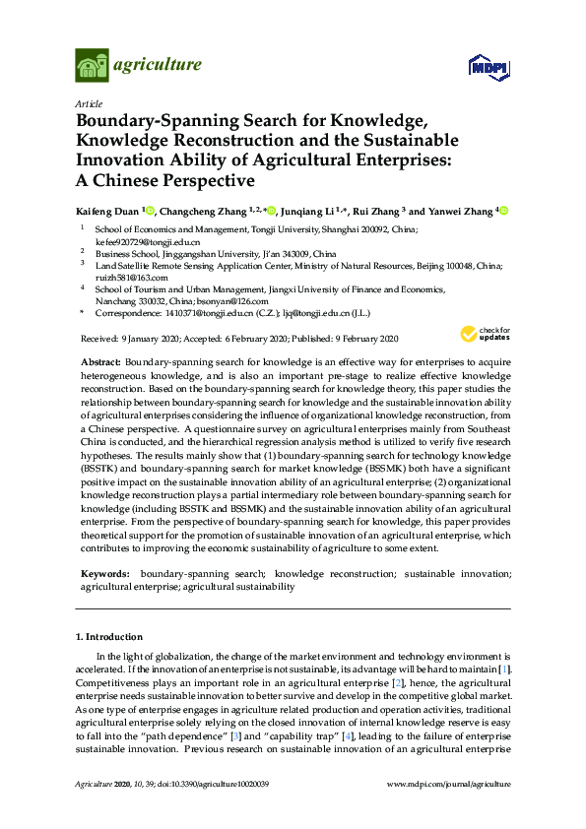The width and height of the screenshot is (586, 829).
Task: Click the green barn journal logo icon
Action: pyautogui.click(x=92, y=66)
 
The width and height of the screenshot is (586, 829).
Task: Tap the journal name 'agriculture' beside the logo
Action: pyautogui.click(x=158, y=66)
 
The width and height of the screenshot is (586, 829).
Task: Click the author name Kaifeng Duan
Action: pyautogui.click(x=107, y=211)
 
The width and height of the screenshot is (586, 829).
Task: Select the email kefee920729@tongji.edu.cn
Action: pyautogui.click(x=133, y=241)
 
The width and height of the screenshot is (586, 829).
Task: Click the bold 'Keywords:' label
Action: pyautogui.click(x=104, y=573)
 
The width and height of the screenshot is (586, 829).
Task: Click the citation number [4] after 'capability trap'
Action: pyautogui.click(x=399, y=735)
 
